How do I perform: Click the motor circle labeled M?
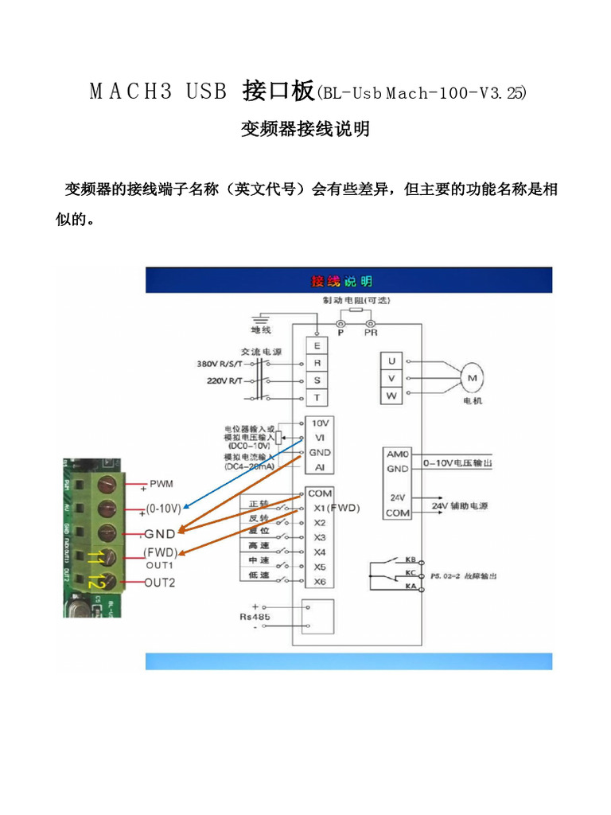click(472, 379)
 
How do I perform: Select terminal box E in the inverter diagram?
click(317, 345)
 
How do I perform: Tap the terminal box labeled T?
click(317, 397)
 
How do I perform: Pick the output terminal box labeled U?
click(391, 361)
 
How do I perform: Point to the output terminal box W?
click(391, 396)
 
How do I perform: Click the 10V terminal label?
click(321, 423)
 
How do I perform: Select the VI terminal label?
click(320, 437)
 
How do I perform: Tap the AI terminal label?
click(320, 467)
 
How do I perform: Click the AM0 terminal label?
click(397, 454)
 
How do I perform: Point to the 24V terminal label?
click(397, 497)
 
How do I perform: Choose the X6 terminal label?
click(320, 582)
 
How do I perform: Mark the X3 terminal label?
click(320, 537)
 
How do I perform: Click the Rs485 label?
click(256, 617)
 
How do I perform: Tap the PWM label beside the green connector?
click(162, 483)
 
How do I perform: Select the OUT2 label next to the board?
click(160, 583)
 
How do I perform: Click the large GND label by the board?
click(161, 533)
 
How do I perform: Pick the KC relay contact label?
click(411, 572)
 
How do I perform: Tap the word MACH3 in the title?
click(130, 92)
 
